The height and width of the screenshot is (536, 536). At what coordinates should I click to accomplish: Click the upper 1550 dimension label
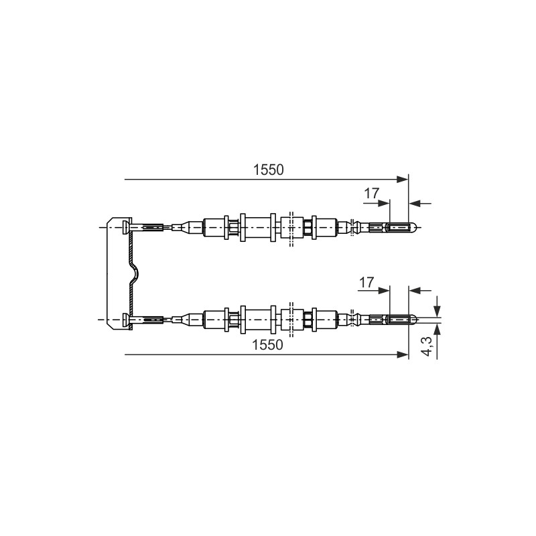point(269,170)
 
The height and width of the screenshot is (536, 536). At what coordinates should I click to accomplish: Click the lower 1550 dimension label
point(267,345)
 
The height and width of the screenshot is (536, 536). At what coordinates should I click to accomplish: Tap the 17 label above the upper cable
point(372,194)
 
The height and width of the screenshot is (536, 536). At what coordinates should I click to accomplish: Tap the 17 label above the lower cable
point(366,283)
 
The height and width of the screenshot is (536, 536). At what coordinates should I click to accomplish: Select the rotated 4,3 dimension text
point(427,346)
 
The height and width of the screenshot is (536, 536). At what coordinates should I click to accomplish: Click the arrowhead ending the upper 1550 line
point(403,180)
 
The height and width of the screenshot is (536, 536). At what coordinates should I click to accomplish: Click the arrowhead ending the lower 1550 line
point(403,354)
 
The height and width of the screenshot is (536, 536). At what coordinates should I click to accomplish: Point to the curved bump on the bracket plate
point(136,273)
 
